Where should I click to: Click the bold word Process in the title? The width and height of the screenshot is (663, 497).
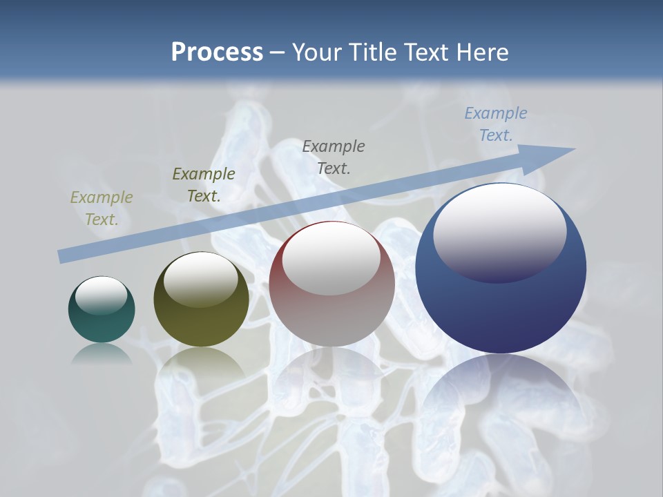tap(217, 52)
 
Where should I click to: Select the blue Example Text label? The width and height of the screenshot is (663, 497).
tap(496, 124)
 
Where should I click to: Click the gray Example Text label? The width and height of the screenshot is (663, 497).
tap(334, 157)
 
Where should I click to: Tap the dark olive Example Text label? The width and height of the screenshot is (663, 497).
tap(204, 184)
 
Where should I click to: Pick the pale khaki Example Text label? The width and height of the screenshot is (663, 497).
tap(102, 208)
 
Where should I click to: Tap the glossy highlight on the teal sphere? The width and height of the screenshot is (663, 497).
tap(101, 295)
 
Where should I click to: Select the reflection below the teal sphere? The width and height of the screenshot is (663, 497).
tap(102, 353)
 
